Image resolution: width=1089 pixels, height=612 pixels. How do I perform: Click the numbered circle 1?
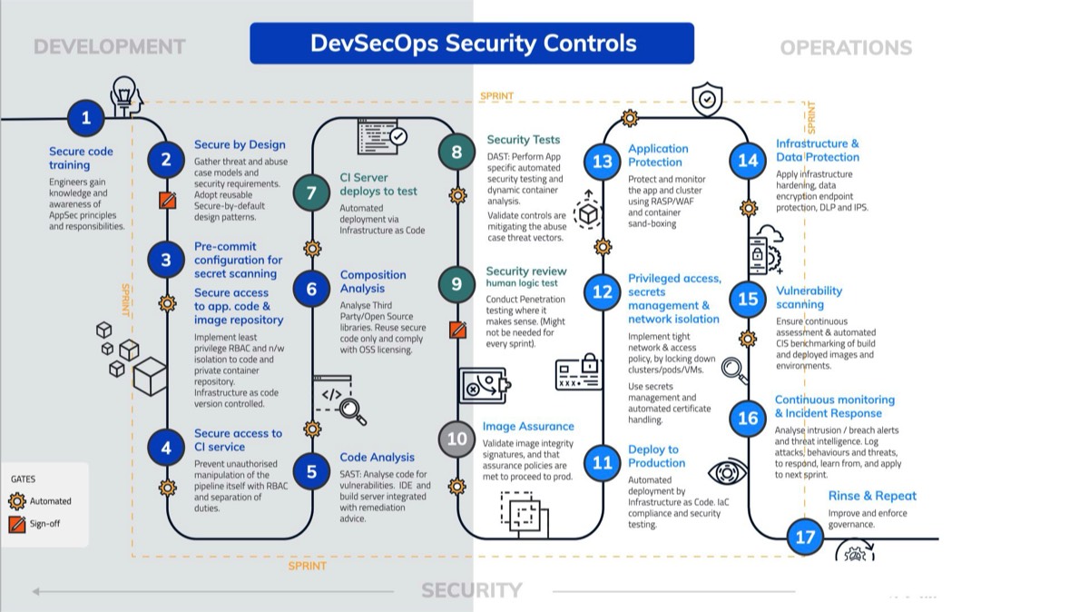pyautogui.click(x=86, y=118)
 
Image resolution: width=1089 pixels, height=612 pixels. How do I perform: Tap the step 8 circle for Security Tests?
pyautogui.click(x=456, y=151)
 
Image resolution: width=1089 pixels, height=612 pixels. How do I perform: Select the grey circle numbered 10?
pyautogui.click(x=456, y=439)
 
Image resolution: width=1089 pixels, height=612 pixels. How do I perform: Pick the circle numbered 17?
pyautogui.click(x=805, y=537)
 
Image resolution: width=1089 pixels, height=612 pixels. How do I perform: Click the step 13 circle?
pyautogui.click(x=603, y=162)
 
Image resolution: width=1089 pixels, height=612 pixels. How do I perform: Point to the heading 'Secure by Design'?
pyautogui.click(x=240, y=144)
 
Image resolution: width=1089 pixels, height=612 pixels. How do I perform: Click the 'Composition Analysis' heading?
pyautogui.click(x=373, y=281)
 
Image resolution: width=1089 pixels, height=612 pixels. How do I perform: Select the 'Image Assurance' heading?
pyautogui.click(x=528, y=426)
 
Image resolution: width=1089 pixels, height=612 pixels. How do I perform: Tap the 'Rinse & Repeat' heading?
pyautogui.click(x=872, y=496)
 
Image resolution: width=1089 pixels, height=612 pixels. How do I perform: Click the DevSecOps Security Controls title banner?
pyautogui.click(x=472, y=44)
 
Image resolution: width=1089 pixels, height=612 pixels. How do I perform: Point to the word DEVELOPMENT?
pyautogui.click(x=109, y=46)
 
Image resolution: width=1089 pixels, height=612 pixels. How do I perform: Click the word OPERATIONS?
pyautogui.click(x=846, y=47)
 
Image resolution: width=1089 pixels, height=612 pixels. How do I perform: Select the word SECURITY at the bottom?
pyautogui.click(x=472, y=591)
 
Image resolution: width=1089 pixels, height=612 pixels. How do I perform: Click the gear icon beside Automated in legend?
pyautogui.click(x=17, y=500)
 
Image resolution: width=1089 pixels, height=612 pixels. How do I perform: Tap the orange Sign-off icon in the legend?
pyautogui.click(x=17, y=524)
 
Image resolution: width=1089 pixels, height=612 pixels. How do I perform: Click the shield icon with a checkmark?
pyautogui.click(x=707, y=100)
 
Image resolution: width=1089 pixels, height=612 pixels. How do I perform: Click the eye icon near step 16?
pyautogui.click(x=727, y=473)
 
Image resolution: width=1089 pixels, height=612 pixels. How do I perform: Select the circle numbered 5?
pyautogui.click(x=311, y=471)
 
